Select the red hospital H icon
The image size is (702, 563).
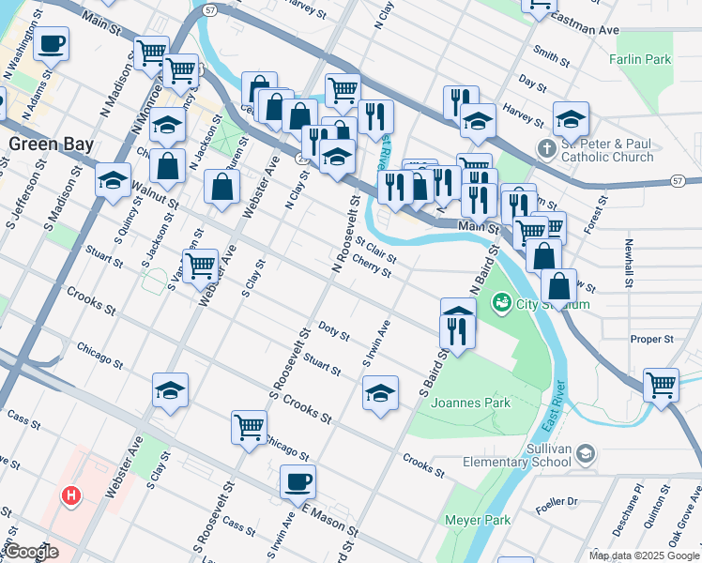68,495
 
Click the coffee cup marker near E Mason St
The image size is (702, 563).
298,481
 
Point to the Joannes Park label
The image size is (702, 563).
479,403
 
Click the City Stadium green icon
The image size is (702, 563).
502,302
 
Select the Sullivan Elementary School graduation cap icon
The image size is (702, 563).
585,454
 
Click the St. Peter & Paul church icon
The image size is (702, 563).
547,149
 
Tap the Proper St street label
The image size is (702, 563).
652,339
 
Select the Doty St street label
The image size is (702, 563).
334,331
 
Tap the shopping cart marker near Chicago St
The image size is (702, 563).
249,426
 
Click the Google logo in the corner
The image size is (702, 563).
31,552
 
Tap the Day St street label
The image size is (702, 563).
532,84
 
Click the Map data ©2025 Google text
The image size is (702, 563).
644,555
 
